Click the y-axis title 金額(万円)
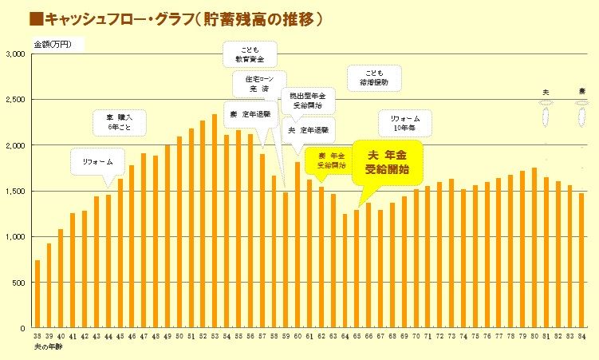[53, 43]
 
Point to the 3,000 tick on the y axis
[17, 54]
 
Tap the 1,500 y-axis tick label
[17, 192]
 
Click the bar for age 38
[37, 294]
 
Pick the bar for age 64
[345, 271]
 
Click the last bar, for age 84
[581, 260]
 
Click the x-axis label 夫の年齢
[48, 348]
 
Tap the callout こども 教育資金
[249, 53]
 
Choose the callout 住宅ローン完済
[254, 82]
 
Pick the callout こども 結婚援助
[373, 77]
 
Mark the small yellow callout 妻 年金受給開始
[331, 160]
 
